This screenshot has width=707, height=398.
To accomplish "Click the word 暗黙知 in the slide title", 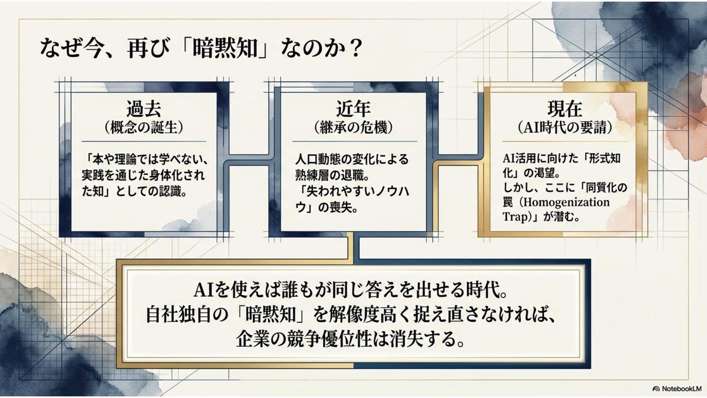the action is point(225,48).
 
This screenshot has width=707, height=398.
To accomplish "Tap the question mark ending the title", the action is point(355,48).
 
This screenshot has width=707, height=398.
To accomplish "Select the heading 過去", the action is point(144,109).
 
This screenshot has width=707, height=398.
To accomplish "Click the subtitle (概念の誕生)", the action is point(144,128).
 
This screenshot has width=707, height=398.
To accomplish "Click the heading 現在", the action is point(564,109).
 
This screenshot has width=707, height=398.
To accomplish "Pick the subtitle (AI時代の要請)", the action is point(564,128).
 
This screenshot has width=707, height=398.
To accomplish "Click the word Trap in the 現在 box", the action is point(515,217).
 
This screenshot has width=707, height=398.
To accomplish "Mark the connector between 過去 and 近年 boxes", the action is point(249,160).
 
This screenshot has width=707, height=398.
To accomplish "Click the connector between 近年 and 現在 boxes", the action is point(458,160).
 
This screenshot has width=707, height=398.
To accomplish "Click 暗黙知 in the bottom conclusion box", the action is point(271,315).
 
